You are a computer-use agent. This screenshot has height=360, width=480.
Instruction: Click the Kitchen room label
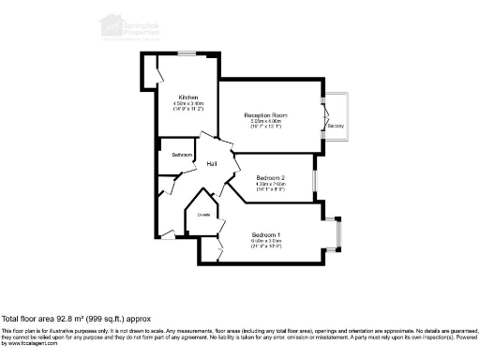coord(187,97)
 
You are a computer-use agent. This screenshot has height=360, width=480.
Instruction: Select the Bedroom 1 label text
coord(265,234)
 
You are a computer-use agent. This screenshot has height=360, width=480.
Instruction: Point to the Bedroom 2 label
coord(270,178)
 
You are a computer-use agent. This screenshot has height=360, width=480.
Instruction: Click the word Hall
coord(213,166)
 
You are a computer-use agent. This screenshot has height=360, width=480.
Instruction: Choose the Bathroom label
coord(182,155)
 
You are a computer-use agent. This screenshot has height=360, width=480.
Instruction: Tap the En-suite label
coord(203,215)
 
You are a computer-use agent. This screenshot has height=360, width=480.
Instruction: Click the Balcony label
coord(336,125)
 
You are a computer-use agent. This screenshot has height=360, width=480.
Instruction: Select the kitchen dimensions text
coord(187,106)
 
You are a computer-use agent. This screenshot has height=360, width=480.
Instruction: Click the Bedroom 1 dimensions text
coord(265,244)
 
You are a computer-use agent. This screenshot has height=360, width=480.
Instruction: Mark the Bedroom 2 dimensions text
coord(270,187)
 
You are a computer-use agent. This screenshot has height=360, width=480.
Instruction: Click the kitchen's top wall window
coord(187,52)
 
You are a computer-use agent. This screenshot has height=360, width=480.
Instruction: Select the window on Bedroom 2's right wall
coord(315,180)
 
